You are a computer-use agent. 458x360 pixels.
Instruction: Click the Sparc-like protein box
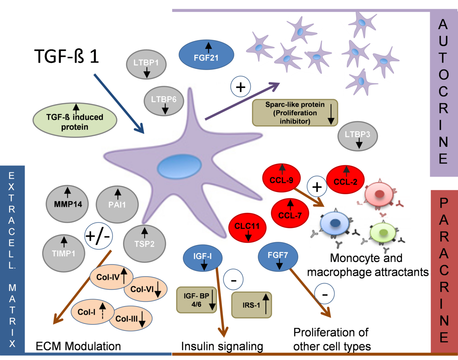point(295,112)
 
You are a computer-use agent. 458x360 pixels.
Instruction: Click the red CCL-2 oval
point(345,180)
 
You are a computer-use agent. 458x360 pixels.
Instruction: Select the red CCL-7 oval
point(290,212)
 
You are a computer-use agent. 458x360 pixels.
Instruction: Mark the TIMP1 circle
point(64,251)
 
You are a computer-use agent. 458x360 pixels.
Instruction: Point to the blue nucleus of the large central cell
point(180,167)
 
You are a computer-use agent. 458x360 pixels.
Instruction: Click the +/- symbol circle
point(97,236)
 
